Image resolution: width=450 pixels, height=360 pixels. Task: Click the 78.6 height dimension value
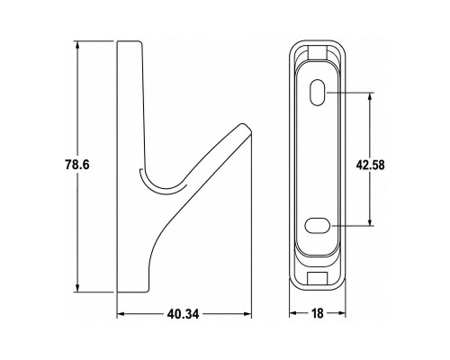point(77,165)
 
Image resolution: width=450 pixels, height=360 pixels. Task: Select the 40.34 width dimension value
point(183,314)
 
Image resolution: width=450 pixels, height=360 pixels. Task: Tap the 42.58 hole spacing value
point(371,165)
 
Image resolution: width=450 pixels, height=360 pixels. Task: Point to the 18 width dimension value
point(318,313)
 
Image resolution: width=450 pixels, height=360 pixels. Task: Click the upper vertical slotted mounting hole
point(317,93)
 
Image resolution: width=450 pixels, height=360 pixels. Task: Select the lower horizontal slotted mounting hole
point(318,225)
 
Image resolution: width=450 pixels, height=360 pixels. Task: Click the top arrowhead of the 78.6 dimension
point(77,45)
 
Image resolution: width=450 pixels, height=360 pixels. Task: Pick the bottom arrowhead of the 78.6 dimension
point(77,288)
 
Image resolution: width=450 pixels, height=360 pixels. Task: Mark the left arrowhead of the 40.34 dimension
point(121,314)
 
